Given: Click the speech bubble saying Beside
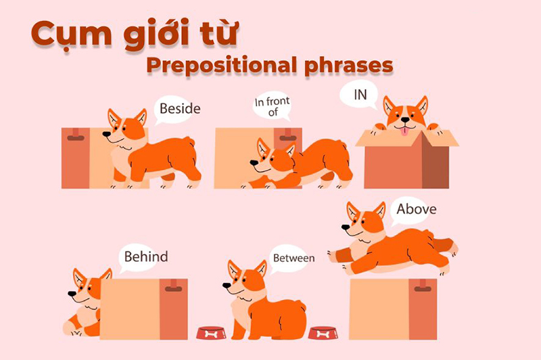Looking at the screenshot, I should point(179,108).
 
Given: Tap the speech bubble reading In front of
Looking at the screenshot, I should point(272,106).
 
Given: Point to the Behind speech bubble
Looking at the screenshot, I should point(145,257).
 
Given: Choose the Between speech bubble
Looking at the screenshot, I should point(293,258).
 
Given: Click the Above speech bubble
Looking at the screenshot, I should point(416,209).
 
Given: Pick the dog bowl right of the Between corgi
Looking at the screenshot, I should point(323,332).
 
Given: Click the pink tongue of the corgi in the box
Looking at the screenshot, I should point(404,131).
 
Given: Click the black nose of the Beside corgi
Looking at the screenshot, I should point(106,134).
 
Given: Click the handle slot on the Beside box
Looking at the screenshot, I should point(76,137).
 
